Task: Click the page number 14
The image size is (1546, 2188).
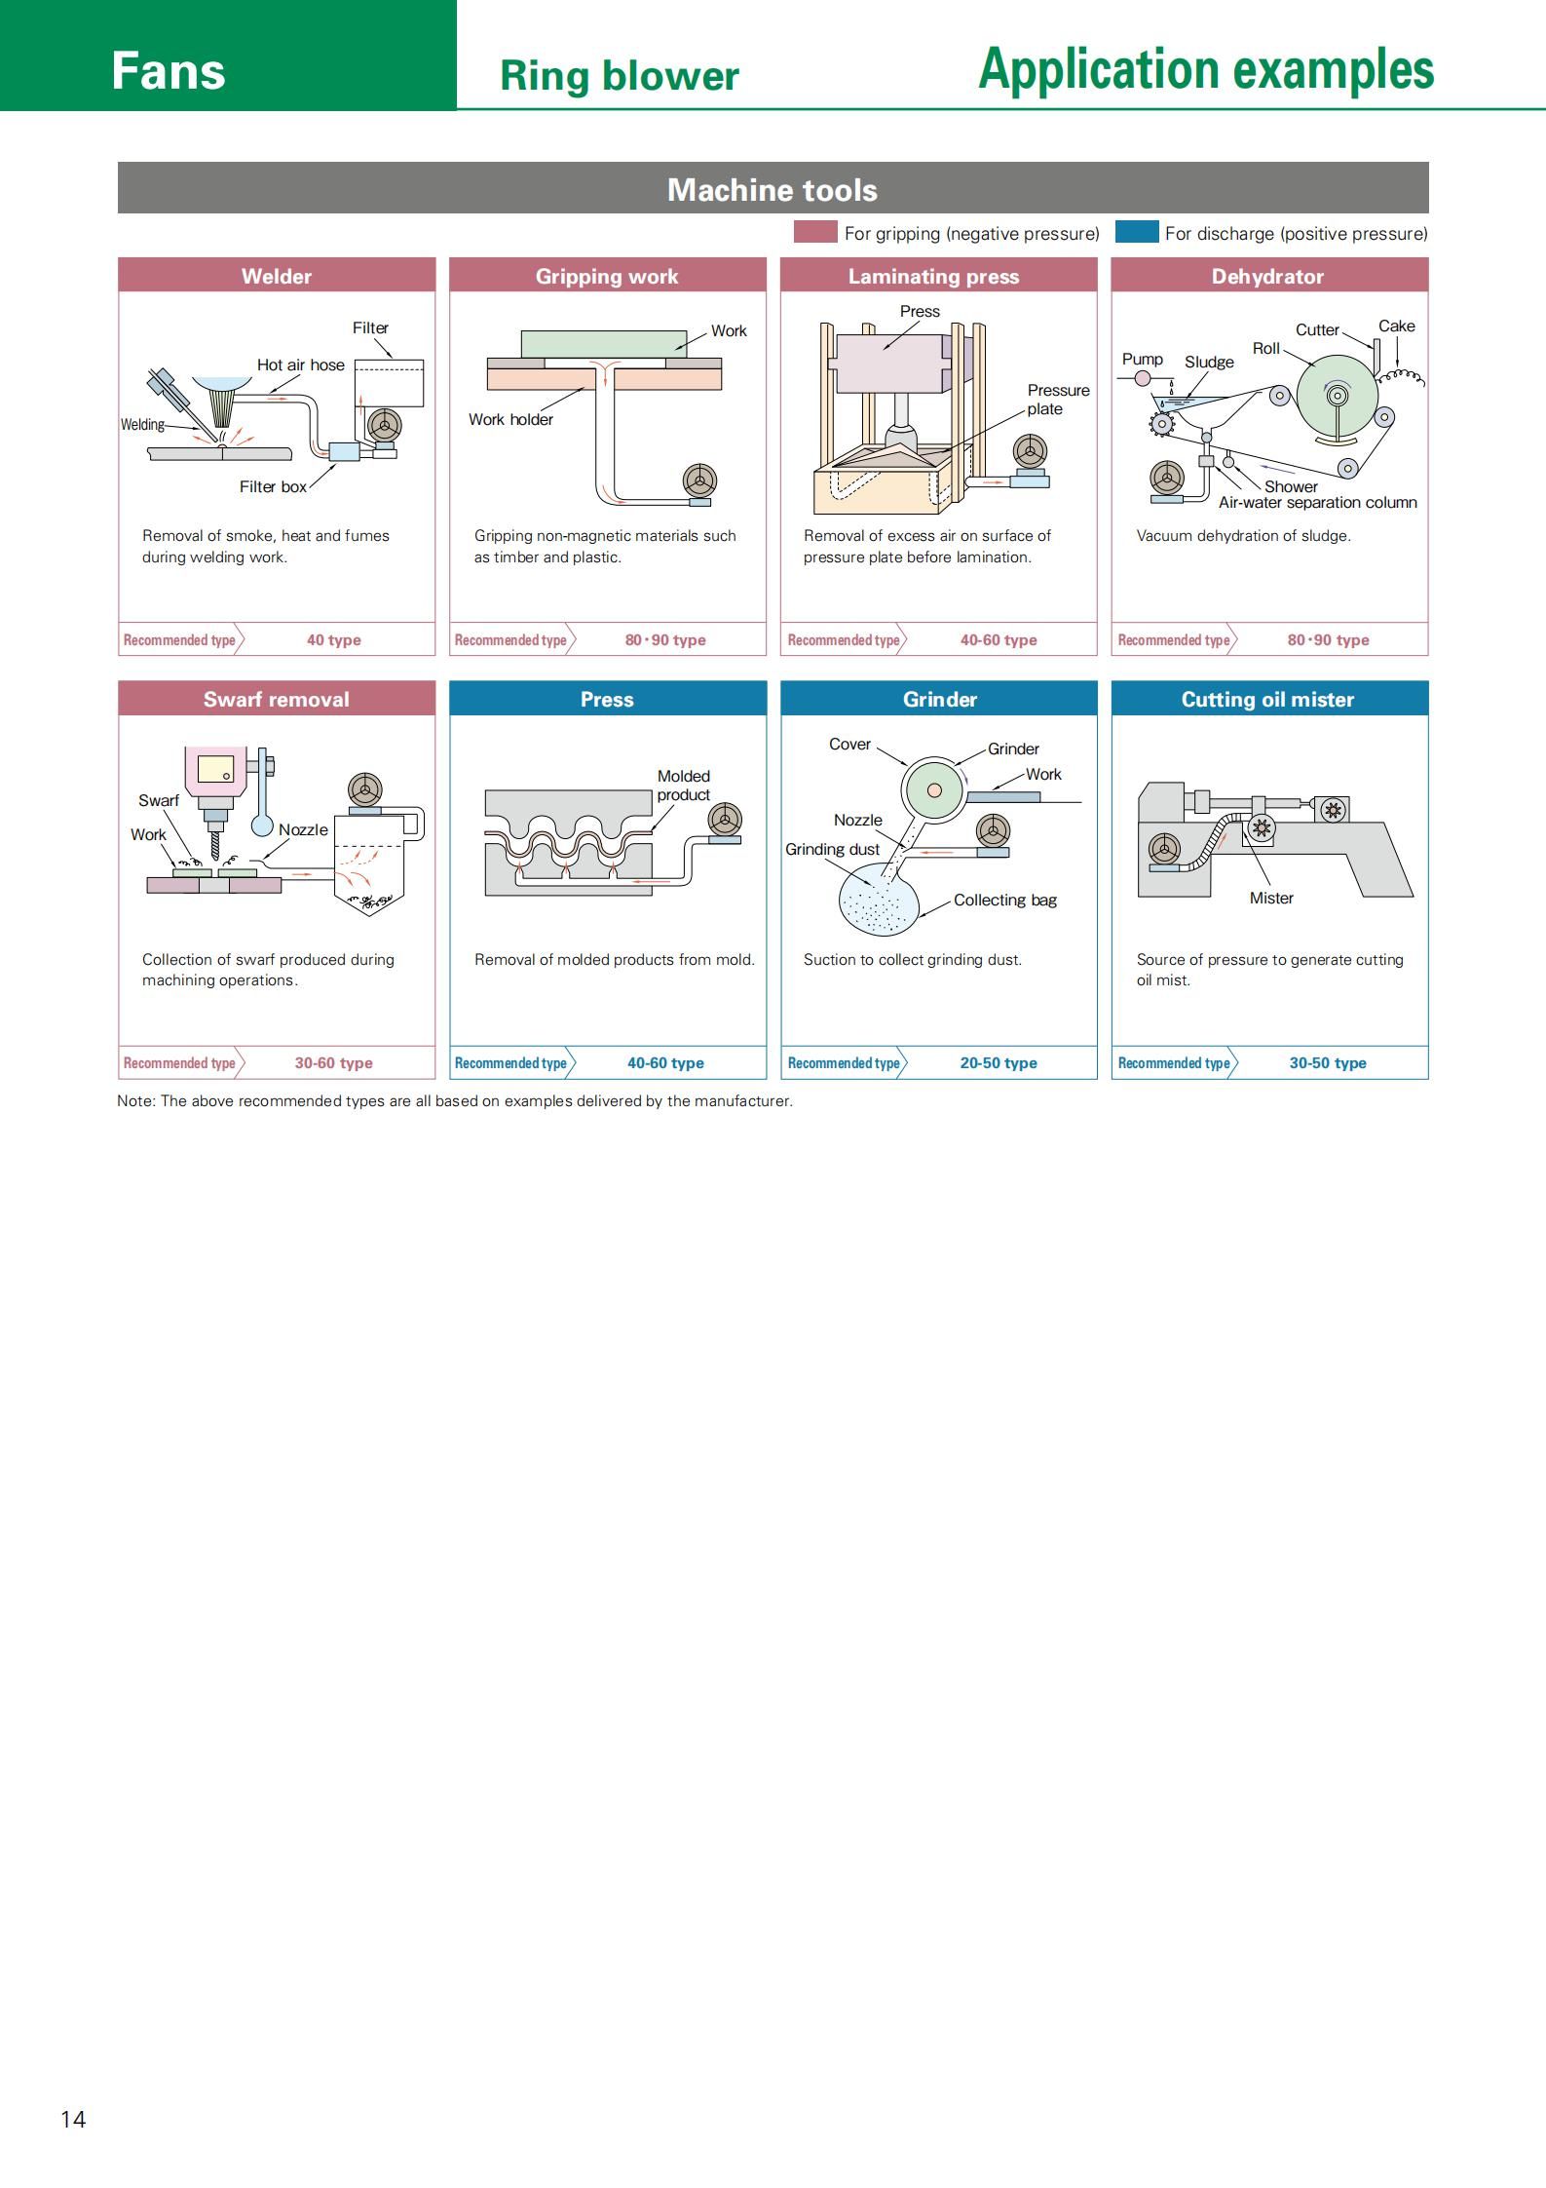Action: [x=73, y=2119]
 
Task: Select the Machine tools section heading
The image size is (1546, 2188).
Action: [x=773, y=189]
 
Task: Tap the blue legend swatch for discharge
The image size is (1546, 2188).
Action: [x=1136, y=232]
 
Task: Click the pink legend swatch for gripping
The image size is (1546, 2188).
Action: [x=815, y=232]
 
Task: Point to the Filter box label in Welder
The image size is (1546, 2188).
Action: [x=273, y=486]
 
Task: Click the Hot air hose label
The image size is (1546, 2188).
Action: [x=300, y=365]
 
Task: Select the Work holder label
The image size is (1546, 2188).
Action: [x=510, y=419]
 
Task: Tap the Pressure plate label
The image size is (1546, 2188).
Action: [x=1058, y=400]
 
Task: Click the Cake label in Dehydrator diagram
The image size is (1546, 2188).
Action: [x=1396, y=326]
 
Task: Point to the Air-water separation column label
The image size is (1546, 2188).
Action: [x=1317, y=503]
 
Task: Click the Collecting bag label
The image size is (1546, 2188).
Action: [x=1004, y=900]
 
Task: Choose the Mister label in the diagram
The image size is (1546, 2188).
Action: [x=1271, y=898]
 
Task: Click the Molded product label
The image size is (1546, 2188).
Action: [x=683, y=786]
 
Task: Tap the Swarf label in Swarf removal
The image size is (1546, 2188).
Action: [x=158, y=800]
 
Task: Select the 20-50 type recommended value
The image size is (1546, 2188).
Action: [x=998, y=1063]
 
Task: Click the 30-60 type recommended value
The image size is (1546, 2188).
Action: [x=333, y=1063]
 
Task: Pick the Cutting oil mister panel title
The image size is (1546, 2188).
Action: [x=1267, y=699]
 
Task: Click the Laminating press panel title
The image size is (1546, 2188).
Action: [x=933, y=276]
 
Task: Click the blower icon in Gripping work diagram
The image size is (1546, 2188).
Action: [x=699, y=480]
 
